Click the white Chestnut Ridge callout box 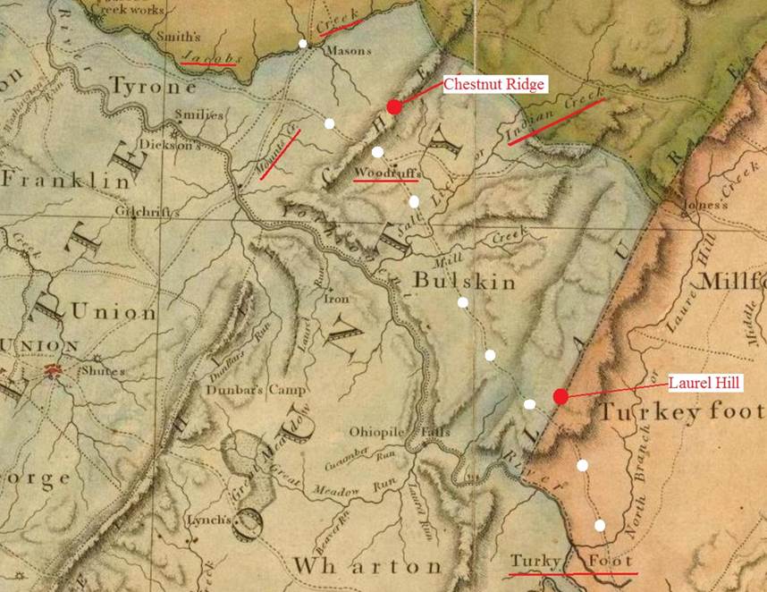tap(493, 84)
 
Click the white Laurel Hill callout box tap(705, 383)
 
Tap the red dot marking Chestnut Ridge tap(394, 107)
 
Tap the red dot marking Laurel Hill tap(560, 396)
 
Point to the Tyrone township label tap(153, 88)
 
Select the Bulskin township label tap(464, 282)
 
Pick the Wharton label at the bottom tap(367, 566)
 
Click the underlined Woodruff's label tap(386, 172)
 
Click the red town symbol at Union tap(53, 369)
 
